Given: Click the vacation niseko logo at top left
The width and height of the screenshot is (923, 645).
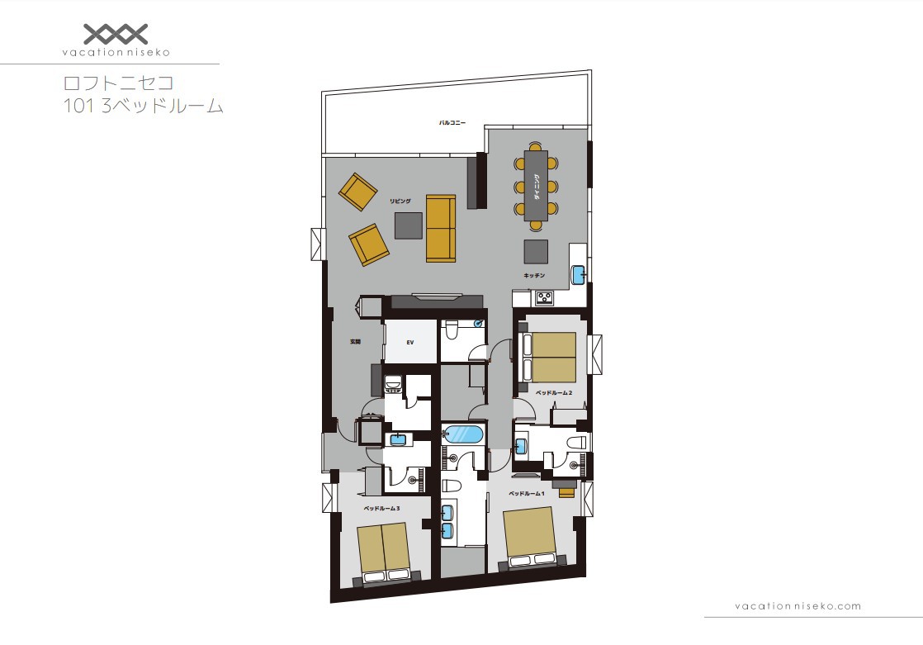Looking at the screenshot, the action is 116,40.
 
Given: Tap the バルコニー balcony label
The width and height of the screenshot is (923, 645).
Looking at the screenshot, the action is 452,123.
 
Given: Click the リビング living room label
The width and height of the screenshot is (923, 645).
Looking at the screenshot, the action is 400,201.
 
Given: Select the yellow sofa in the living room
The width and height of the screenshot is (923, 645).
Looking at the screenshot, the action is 441,228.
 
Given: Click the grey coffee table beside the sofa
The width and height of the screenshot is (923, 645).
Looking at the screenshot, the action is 409,225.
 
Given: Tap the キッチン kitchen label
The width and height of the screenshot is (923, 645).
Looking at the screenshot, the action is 534,275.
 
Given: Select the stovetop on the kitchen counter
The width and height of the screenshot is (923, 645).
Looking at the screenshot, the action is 544,298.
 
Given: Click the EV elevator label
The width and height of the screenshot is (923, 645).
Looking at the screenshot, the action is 409,342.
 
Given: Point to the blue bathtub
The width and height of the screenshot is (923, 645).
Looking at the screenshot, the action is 464,434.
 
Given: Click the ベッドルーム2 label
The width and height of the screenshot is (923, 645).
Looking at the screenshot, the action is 554,392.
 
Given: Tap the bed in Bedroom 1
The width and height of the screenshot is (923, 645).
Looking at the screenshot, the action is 530,537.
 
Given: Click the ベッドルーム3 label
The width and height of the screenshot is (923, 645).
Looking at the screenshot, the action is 381,508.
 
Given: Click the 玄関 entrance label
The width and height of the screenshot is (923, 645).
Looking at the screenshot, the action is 355,342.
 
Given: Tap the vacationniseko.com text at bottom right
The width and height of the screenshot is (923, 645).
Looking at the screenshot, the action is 798,605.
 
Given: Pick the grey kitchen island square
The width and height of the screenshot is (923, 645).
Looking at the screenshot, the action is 536,251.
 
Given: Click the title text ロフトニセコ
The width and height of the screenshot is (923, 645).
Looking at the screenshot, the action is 118,83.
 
